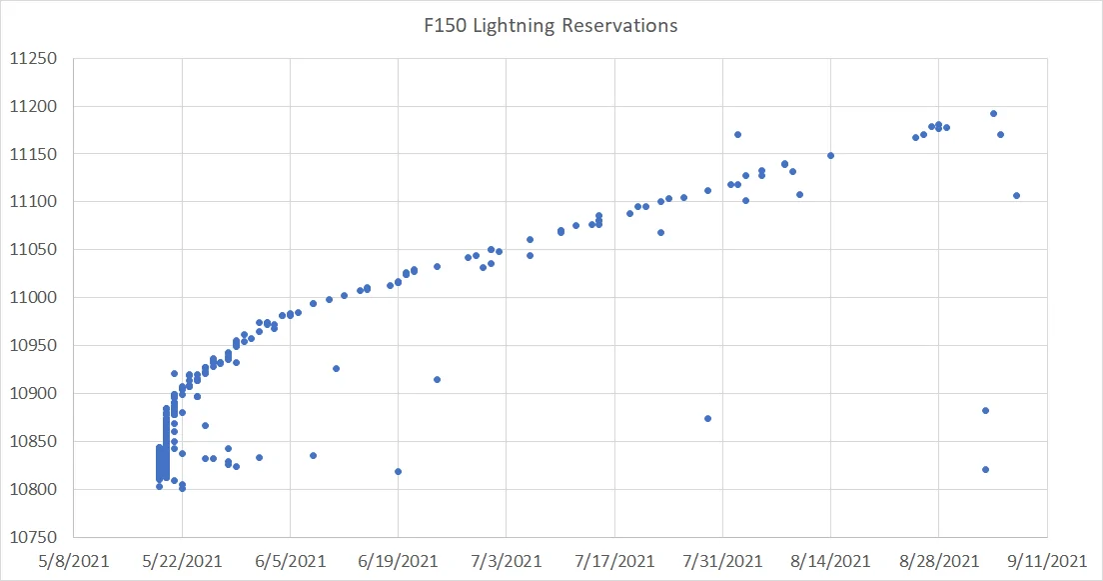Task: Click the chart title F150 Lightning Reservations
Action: tap(551, 26)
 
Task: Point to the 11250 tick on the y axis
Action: tap(36, 58)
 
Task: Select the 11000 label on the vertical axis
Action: tap(36, 298)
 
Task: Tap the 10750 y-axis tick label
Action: tap(36, 537)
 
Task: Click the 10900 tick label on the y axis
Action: tap(36, 394)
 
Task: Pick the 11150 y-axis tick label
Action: tap(36, 154)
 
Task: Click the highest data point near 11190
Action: tap(993, 113)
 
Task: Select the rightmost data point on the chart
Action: tap(1016, 195)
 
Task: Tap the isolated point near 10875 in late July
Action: tap(707, 418)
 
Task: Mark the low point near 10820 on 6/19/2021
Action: tap(398, 471)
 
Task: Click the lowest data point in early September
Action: tap(985, 469)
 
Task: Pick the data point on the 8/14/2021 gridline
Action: tap(830, 155)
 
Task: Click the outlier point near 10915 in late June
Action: tap(437, 379)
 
